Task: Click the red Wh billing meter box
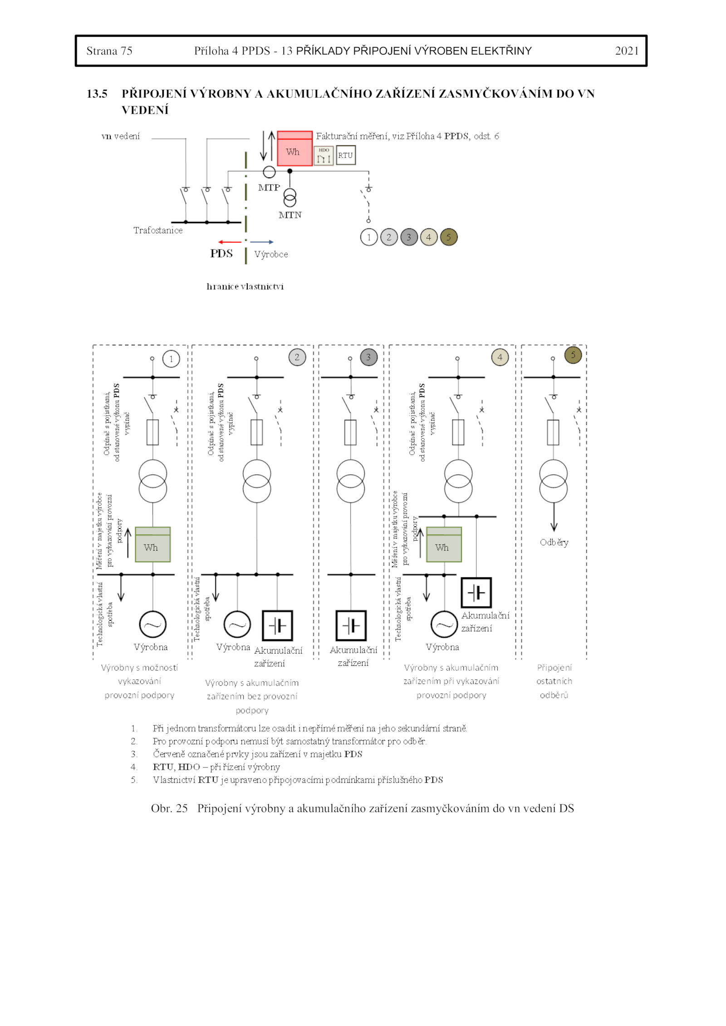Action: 294,149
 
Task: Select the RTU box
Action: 345,155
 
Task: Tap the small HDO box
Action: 324,156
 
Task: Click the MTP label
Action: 269,187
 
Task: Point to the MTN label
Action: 290,215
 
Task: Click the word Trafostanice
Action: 158,230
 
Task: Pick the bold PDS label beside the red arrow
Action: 221,254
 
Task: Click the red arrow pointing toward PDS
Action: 230,242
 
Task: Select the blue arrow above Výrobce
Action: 262,242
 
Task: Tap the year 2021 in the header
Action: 627,51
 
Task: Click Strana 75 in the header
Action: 109,51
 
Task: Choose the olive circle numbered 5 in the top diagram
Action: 448,237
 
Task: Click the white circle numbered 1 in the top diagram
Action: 369,237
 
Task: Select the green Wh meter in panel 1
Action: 152,544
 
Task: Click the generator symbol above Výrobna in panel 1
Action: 152,625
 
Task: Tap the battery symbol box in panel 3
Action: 351,625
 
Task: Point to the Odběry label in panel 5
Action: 554,542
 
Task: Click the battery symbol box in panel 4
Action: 476,592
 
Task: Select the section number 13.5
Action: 97,94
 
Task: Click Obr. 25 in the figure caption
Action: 169,808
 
